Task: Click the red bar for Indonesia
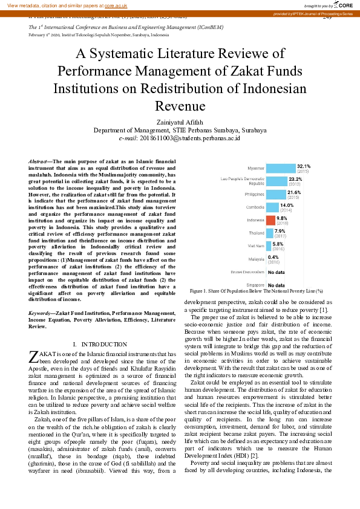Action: click(x=271, y=221)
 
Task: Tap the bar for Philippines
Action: click(x=276, y=194)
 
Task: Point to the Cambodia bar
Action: click(x=273, y=207)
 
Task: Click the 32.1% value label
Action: click(x=304, y=166)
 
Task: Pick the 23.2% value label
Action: click(x=296, y=179)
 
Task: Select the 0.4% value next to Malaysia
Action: click(x=273, y=257)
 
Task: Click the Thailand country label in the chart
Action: click(x=257, y=233)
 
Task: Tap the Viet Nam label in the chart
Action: click(x=256, y=245)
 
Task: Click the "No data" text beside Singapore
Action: click(x=277, y=285)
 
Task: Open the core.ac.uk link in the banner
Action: click(x=116, y=5)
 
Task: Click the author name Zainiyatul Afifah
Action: click(x=180, y=122)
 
